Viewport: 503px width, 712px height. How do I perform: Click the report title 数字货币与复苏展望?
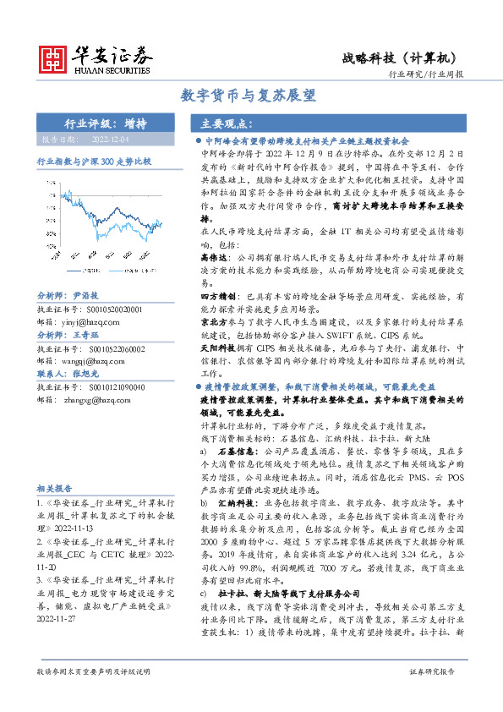click(x=252, y=96)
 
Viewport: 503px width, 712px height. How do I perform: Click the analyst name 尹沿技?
click(x=86, y=296)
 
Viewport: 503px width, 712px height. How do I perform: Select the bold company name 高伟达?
click(x=214, y=253)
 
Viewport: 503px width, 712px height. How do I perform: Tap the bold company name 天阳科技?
click(x=217, y=349)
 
